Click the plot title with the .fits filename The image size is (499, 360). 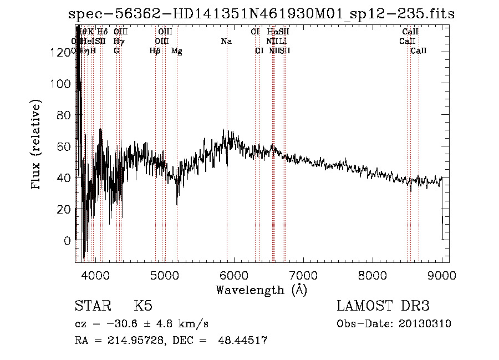click(261, 14)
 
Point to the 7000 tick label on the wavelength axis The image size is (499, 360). click(303, 276)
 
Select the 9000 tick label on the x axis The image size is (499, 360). click(441, 276)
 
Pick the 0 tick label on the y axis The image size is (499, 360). click(67, 241)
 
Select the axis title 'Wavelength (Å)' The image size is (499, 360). click(261, 290)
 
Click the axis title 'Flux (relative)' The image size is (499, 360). click(37, 146)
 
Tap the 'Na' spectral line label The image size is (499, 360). click(226, 42)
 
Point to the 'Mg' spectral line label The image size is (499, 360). click(176, 51)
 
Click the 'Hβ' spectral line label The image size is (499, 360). click(155, 51)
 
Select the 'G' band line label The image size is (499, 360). click(116, 51)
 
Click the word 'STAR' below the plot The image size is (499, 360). click(91, 306)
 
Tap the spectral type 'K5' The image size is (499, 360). click(143, 306)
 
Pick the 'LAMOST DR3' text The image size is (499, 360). click(383, 306)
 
